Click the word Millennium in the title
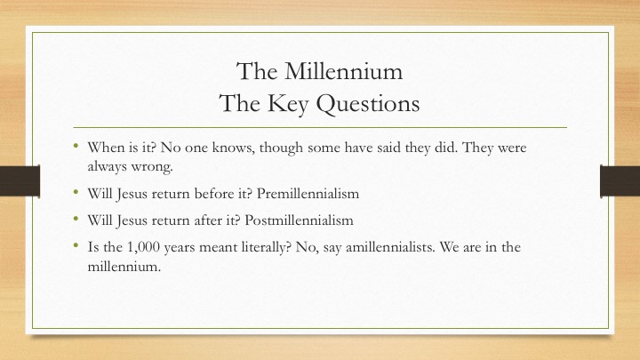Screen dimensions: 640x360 [344, 71]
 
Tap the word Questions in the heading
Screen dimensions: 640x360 [368, 103]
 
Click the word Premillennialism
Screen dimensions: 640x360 [308, 193]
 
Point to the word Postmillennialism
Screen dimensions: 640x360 [299, 220]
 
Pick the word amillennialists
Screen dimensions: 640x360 [389, 247]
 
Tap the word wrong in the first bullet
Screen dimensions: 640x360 [151, 167]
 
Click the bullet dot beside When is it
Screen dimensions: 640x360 [76, 145]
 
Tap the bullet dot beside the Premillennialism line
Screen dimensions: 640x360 [76, 190]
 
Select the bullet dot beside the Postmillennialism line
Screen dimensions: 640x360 [76, 218]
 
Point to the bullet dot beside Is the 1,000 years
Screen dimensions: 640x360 [76, 244]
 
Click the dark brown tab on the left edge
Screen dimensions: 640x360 [20, 180]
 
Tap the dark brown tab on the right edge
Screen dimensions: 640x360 [620, 180]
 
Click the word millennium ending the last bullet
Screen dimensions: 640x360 [124, 267]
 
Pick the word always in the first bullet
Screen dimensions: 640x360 [107, 167]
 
